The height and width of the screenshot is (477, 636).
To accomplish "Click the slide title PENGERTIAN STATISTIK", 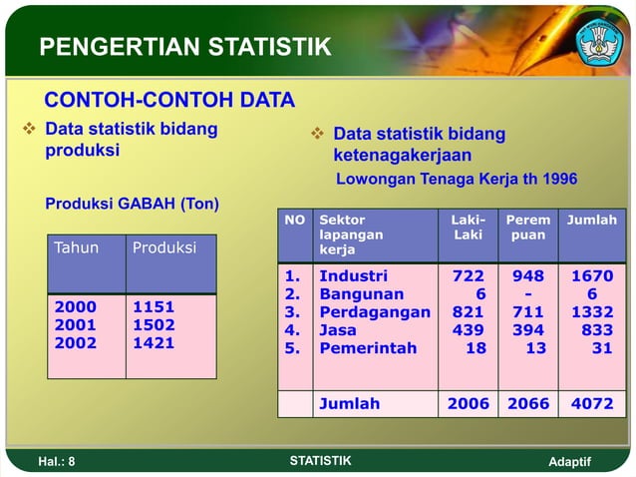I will click(x=184, y=47).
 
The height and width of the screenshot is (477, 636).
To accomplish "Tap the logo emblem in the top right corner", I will click(x=598, y=39).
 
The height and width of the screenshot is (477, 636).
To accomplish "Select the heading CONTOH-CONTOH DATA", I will click(x=169, y=100).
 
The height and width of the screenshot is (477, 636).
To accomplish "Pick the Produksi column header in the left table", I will click(x=164, y=247).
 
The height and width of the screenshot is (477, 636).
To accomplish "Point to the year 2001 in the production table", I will click(x=76, y=325).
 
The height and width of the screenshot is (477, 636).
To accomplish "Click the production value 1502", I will click(x=154, y=325).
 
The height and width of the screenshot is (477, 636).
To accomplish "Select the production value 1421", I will click(x=154, y=343).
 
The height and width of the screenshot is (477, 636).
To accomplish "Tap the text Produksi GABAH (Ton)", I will click(x=133, y=204).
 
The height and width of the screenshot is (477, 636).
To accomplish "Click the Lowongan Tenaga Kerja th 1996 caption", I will click(x=456, y=180).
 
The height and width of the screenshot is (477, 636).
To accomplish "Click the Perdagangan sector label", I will click(x=374, y=312).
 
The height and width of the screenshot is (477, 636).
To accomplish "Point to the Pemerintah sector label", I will click(x=368, y=348).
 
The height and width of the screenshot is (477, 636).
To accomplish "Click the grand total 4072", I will click(x=591, y=404).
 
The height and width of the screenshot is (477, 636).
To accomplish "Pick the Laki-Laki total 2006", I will click(x=468, y=404).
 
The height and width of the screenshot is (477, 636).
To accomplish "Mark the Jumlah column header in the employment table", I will click(x=591, y=220).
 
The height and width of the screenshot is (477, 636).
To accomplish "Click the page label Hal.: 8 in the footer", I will click(x=56, y=461).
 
